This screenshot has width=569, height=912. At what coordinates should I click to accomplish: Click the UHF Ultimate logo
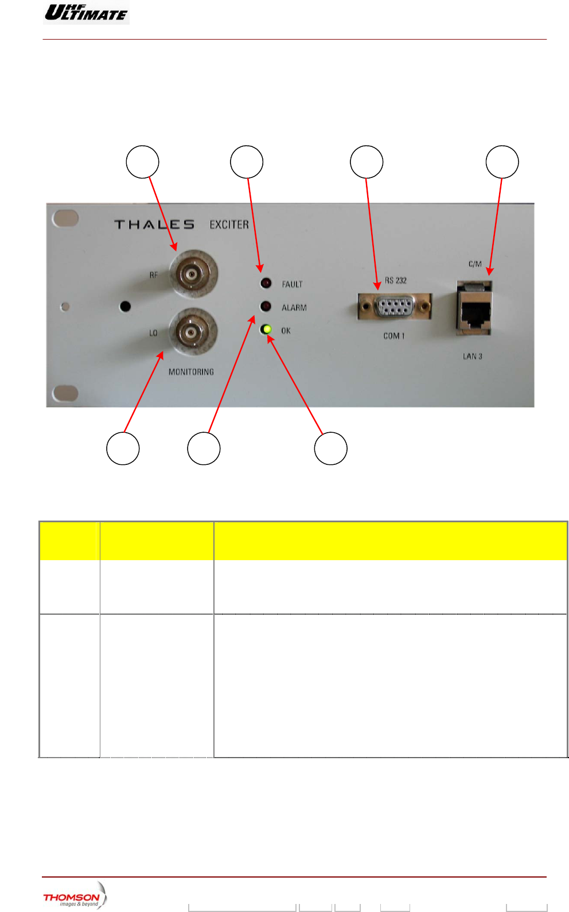point(86,12)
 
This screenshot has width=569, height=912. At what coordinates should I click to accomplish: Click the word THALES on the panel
point(154,224)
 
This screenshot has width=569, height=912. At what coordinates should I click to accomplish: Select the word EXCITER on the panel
point(229,224)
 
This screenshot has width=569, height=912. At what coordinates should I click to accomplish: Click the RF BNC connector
point(193,273)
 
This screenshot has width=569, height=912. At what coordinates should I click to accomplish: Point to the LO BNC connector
point(193,332)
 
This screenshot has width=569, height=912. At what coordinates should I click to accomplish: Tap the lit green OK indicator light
point(266,329)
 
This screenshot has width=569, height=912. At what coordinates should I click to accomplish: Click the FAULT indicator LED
point(266,283)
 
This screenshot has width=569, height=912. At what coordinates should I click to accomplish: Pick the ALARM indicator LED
point(266,306)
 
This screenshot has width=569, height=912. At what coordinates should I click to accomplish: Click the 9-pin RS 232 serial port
point(395,307)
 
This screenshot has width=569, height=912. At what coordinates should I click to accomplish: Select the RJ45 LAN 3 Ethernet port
point(474,310)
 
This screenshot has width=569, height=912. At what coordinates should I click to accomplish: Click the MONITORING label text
point(191,372)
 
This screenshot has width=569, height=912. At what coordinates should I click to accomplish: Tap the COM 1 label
point(394,336)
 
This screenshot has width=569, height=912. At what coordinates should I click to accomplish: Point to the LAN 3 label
point(473,356)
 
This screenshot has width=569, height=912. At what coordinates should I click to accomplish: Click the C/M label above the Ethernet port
point(475,264)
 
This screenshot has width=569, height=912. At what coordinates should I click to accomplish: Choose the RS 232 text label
point(396,281)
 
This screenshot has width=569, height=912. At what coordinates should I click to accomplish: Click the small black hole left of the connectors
point(125,306)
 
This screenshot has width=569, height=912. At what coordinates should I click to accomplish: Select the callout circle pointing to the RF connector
point(142,162)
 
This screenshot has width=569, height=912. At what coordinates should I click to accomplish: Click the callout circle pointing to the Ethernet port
point(502,162)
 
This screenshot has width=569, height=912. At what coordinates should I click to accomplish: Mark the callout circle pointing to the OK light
point(330,448)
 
